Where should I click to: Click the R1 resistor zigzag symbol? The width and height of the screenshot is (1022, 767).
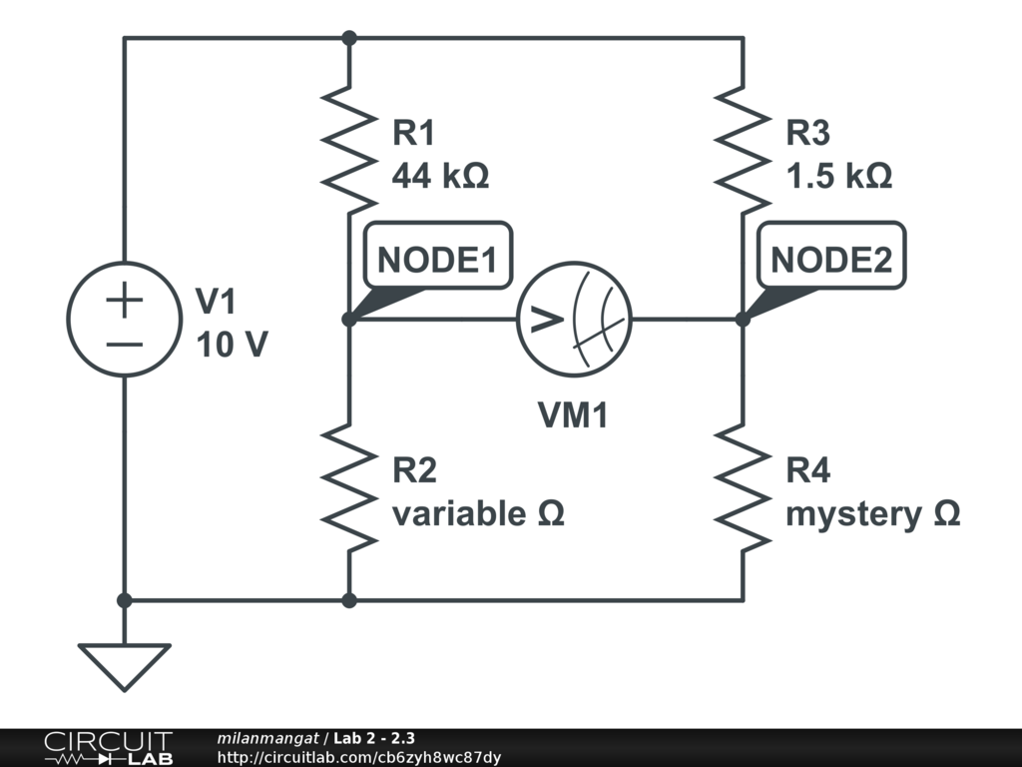349,150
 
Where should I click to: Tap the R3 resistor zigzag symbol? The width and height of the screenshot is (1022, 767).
744,150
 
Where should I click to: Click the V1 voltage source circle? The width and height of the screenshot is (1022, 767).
124,320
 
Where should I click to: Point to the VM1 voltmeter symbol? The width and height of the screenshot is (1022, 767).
575,320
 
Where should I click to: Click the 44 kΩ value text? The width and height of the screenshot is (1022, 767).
440,177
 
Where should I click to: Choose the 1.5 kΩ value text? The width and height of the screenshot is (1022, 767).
838,177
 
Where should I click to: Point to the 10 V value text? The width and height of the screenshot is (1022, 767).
232,345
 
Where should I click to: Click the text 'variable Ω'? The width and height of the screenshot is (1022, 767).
478,514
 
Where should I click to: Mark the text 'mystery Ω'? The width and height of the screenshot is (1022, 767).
873,514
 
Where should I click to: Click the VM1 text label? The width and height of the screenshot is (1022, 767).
574,415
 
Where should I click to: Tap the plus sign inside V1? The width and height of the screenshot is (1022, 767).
124,301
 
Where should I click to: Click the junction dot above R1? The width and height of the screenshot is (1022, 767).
349,38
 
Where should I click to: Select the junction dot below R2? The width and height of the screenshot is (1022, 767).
349,600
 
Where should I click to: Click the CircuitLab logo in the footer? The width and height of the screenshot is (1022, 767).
108,748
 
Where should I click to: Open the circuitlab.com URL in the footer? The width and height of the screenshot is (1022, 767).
358,757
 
